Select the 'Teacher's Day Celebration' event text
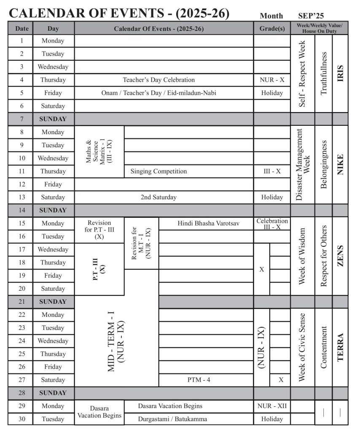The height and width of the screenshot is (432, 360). [159, 80]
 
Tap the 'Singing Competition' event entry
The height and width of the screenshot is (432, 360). [159, 171]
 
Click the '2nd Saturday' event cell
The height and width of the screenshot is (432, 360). [159, 197]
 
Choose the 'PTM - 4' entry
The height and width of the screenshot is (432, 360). [199, 380]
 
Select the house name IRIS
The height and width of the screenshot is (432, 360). [340, 73]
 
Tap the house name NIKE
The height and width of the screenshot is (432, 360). [340, 165]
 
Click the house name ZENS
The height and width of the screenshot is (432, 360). [340, 256]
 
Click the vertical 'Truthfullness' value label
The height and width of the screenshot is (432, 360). [324, 73]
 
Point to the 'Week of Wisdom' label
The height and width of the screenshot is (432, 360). [302, 256]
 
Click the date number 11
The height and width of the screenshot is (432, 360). [21, 171]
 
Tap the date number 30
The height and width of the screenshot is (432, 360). [21, 419]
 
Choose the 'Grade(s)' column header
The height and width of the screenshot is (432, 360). [272, 29]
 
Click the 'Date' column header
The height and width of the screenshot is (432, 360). [21, 29]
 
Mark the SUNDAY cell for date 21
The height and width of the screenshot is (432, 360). [53, 302]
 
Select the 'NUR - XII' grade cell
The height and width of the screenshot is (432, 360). [272, 406]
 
